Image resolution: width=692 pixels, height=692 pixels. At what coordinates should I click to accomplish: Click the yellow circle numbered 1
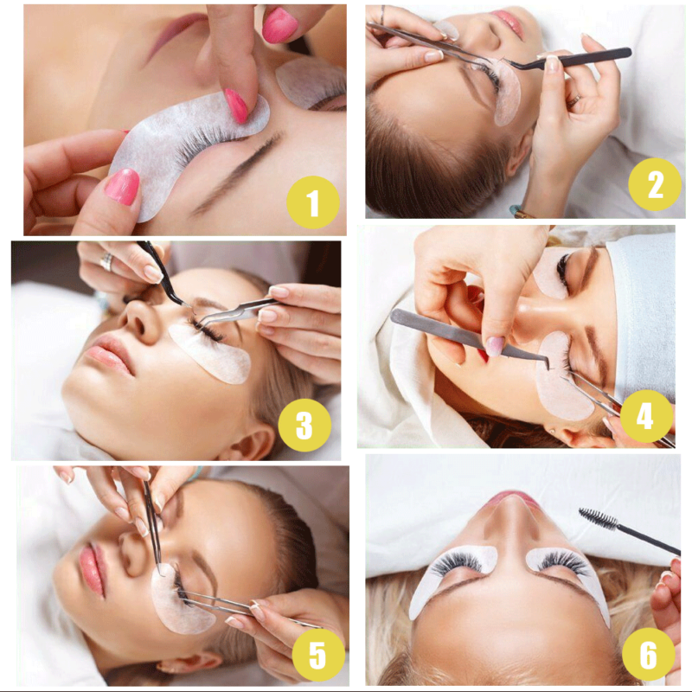tap(313, 202)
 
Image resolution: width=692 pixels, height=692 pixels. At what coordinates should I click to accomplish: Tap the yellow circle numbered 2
tap(655, 184)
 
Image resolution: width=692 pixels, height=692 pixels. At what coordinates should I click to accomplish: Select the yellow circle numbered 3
tap(304, 425)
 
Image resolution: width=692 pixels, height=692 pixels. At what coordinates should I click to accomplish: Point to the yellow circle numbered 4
tap(646, 416)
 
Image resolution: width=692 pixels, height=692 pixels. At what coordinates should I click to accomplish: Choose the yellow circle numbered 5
tap(318, 655)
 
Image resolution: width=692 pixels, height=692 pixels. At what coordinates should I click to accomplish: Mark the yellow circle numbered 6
tap(648, 654)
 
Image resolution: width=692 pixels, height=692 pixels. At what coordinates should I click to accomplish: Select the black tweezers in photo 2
tap(569, 60)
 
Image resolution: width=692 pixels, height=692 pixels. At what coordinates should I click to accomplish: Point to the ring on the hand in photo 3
tap(106, 262)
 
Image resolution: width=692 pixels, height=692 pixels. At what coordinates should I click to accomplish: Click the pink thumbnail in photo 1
tap(122, 186)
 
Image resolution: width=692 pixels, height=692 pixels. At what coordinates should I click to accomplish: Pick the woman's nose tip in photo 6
tap(512, 504)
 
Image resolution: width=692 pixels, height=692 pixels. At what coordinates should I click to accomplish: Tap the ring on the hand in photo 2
tap(574, 101)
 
